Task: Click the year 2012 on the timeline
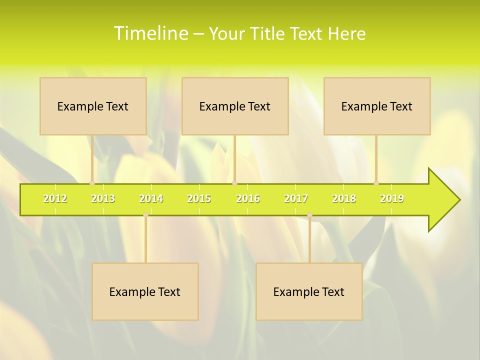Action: pos(55,199)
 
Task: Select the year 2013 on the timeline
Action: pos(103,199)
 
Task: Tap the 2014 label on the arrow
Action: pos(151,199)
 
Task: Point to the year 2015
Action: pos(199,199)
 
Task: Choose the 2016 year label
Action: pos(248,199)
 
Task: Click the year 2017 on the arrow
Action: pos(296,199)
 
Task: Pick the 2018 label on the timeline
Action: pos(344,199)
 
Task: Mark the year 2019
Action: pos(392,199)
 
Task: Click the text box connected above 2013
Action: pos(93,106)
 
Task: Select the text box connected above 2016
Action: pos(235,106)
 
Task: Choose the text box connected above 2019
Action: pos(377,106)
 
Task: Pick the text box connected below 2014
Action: pos(145,292)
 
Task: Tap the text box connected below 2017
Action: pos(309,292)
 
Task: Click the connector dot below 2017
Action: pos(309,215)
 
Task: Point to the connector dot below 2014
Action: pos(145,215)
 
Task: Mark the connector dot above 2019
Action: pos(376,183)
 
